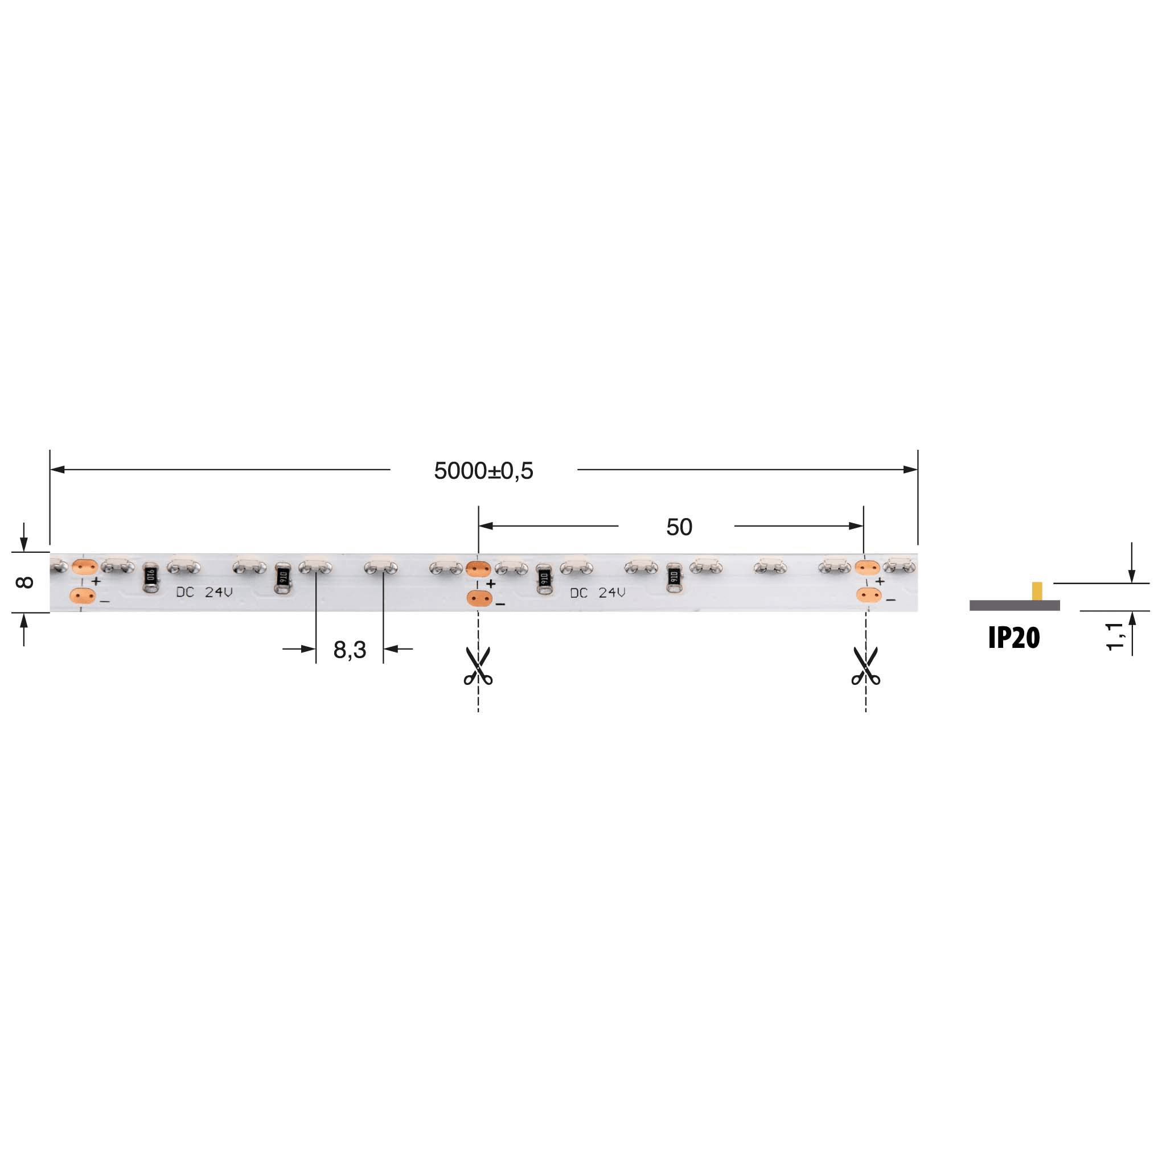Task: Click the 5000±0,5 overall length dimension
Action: tap(483, 471)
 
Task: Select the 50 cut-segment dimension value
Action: tap(679, 527)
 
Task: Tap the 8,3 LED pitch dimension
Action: tap(350, 650)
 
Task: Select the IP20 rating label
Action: tap(1013, 638)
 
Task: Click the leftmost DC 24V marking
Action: tap(204, 593)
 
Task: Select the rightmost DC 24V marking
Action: tap(597, 593)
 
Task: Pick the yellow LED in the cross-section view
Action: tap(1037, 590)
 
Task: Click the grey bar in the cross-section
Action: tap(1014, 605)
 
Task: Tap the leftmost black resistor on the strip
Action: tap(150, 578)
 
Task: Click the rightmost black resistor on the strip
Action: tap(674, 578)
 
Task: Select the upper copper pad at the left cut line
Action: tap(479, 568)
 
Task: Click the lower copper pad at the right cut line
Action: tap(868, 596)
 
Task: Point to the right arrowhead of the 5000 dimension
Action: tap(910, 469)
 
